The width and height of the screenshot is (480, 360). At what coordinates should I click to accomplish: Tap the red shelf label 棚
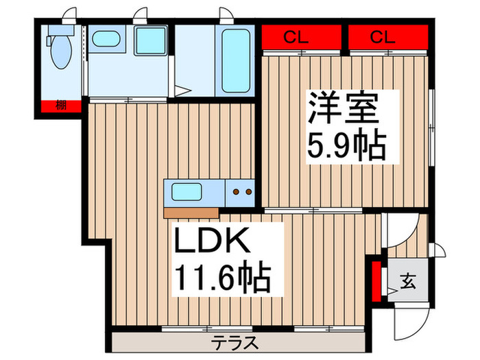pyautogui.click(x=61, y=106)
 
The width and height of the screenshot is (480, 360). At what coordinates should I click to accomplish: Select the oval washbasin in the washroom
pyautogui.click(x=106, y=39)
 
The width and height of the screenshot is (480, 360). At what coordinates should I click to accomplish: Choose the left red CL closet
pyautogui.click(x=302, y=37)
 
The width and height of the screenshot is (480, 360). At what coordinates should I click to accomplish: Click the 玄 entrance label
pyautogui.click(x=407, y=280)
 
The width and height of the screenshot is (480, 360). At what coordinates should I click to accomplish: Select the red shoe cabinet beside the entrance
pyautogui.click(x=375, y=280)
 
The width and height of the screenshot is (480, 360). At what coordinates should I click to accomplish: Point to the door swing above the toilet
pyautogui.click(x=67, y=15)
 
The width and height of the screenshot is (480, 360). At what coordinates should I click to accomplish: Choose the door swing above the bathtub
pyautogui.click(x=225, y=15)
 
